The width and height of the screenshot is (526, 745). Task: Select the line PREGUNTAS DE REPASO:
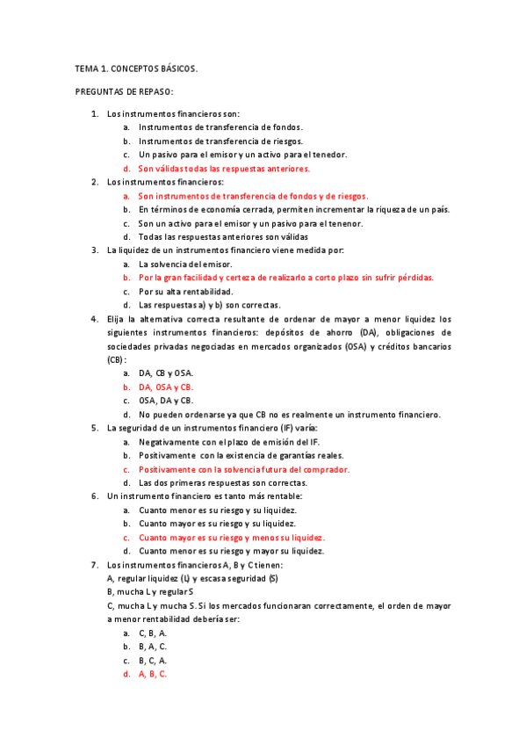[x=124, y=90]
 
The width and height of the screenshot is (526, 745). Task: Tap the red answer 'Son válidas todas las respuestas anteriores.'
[x=224, y=168]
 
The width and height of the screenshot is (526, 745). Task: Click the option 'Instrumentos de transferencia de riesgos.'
[x=220, y=141]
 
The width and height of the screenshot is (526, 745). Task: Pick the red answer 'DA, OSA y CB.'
[x=166, y=387]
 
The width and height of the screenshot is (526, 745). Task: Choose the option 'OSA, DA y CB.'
[x=166, y=401]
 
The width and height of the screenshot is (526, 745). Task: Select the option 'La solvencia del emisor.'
[x=185, y=264]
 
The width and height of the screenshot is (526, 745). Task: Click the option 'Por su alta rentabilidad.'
[x=186, y=291]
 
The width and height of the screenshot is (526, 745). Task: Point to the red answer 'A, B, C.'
[x=153, y=674]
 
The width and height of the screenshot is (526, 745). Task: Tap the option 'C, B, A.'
[x=153, y=633]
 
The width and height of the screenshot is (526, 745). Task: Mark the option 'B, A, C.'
[x=153, y=647]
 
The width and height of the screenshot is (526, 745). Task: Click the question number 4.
[x=95, y=319]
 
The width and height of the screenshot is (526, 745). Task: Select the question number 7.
[x=95, y=564]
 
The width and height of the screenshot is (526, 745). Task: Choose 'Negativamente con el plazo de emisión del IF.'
[x=234, y=442]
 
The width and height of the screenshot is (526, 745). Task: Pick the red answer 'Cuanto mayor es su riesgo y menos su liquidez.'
[x=232, y=538]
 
